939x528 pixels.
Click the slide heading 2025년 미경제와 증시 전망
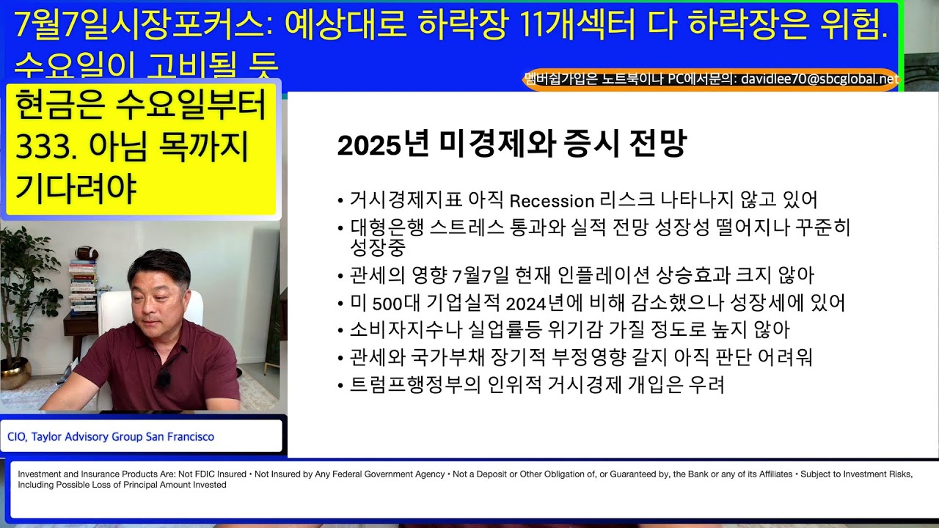click(x=511, y=144)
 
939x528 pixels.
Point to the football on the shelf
click(x=87, y=252)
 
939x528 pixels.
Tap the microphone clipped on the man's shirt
click(x=163, y=378)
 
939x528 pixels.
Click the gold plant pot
click(x=13, y=374)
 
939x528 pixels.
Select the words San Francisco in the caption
click(x=180, y=437)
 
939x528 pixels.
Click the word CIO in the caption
click(x=15, y=437)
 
